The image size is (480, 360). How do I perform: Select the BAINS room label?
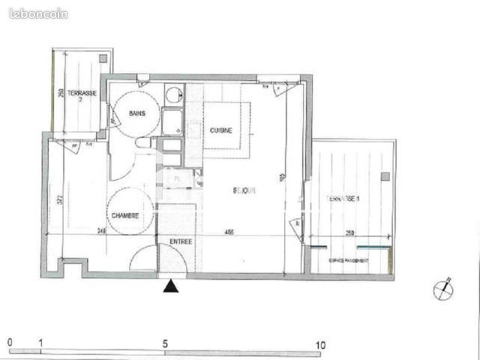[x=137, y=114]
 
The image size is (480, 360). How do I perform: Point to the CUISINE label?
[x=220, y=130]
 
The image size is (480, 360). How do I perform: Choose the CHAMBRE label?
[x=126, y=216]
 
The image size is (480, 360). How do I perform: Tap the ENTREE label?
[x=181, y=241]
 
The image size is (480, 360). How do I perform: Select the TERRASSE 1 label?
[x=343, y=197]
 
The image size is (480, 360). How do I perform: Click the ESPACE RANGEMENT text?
[x=348, y=260]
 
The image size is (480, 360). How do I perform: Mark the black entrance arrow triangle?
[x=172, y=287]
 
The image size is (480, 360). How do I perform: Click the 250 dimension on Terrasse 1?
[x=350, y=233]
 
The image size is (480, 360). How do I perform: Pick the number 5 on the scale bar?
[x=165, y=344]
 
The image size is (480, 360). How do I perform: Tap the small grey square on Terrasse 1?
[x=385, y=176]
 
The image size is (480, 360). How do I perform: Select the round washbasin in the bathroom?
[x=173, y=95]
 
